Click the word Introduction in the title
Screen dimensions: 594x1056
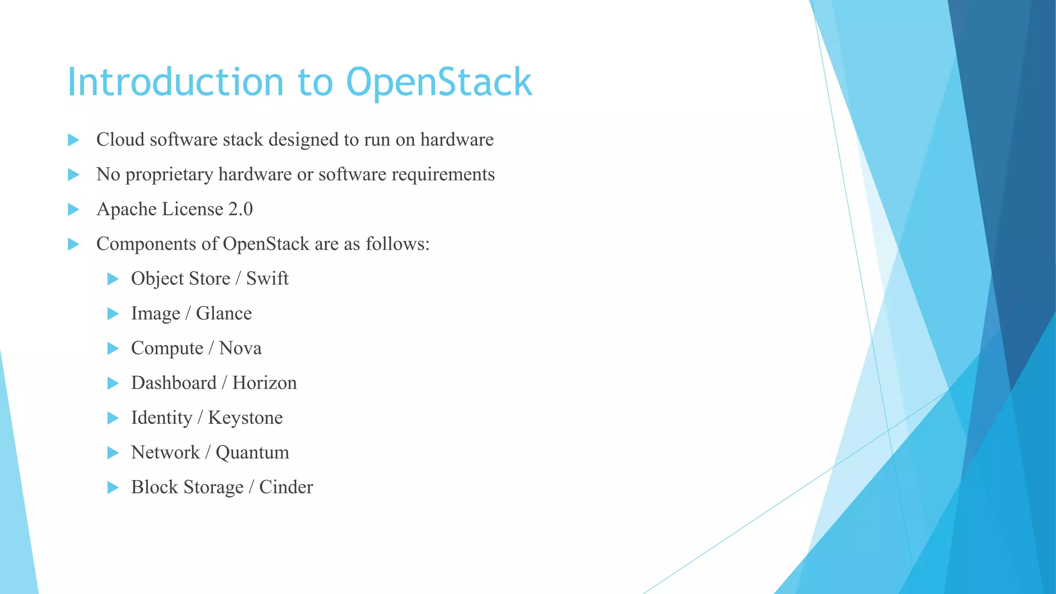(x=175, y=82)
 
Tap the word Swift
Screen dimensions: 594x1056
(x=267, y=278)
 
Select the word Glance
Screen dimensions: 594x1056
(x=224, y=313)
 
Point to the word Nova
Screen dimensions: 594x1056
(x=240, y=348)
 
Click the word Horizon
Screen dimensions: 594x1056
(x=265, y=383)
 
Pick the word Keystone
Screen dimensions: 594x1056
(x=245, y=418)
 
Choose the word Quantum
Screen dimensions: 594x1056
(x=252, y=453)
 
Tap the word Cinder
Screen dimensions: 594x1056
(x=286, y=487)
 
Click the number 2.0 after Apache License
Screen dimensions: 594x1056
(x=240, y=209)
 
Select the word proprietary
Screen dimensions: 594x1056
(x=169, y=175)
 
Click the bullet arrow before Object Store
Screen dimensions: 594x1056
(x=113, y=279)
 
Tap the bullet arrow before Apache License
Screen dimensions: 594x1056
(x=73, y=209)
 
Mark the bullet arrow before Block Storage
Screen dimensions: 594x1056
(x=113, y=487)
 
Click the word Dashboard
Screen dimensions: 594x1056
(x=174, y=383)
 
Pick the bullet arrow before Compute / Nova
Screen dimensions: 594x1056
(x=113, y=349)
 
